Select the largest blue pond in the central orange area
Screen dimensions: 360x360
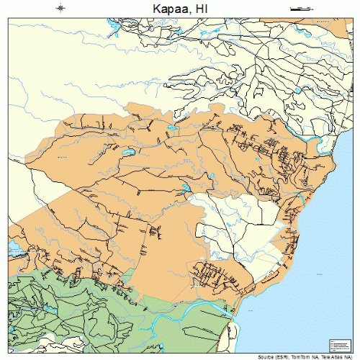128,153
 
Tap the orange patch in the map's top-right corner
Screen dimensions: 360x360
341,27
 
